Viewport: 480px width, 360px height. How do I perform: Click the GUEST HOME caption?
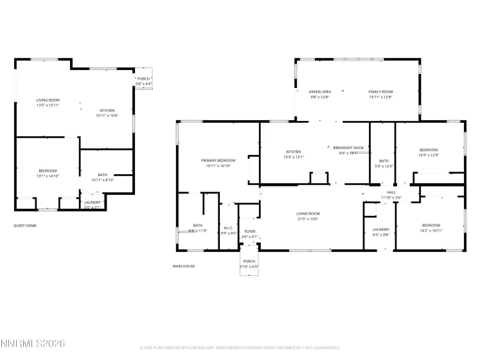click(x=25, y=226)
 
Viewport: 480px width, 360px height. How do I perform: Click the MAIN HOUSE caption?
click(x=184, y=266)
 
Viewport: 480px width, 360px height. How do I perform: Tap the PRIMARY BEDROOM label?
click(x=218, y=160)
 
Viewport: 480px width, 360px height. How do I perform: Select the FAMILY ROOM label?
click(x=380, y=92)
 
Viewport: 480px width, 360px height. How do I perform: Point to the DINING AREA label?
click(x=319, y=92)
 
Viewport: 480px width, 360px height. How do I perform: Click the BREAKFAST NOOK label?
click(x=348, y=147)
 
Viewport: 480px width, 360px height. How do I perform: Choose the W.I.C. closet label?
click(x=229, y=228)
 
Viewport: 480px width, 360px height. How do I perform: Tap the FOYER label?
click(x=249, y=231)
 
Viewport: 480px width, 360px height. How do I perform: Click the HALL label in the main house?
click(x=391, y=192)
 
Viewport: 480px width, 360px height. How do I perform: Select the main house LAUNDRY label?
click(x=381, y=230)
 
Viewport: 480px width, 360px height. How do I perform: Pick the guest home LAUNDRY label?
click(x=93, y=203)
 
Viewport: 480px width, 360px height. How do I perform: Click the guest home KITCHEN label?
click(x=107, y=111)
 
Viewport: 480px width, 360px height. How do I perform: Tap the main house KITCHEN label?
click(x=294, y=151)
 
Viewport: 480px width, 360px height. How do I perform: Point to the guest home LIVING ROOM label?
click(x=48, y=100)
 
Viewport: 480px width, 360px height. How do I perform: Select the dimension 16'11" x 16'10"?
click(x=218, y=165)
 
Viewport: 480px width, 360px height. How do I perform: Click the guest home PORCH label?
click(x=143, y=78)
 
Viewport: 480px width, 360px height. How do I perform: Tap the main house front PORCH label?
click(x=249, y=261)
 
